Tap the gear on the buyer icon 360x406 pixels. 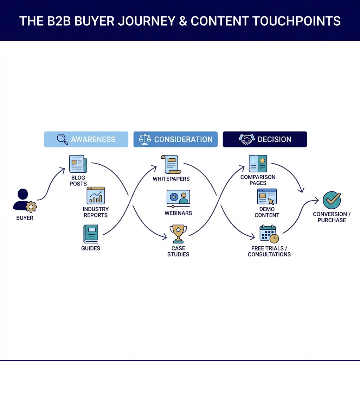31,207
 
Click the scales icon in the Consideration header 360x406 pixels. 144,139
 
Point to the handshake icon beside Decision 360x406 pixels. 246,139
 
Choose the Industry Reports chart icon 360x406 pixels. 96,196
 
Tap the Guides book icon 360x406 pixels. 91,234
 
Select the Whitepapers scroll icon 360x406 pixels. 170,164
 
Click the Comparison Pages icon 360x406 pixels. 258,164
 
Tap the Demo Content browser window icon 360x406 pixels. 267,197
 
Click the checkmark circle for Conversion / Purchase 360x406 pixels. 332,200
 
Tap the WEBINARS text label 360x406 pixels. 178,213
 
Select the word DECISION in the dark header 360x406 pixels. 274,139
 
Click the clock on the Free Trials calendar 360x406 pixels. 274,239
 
